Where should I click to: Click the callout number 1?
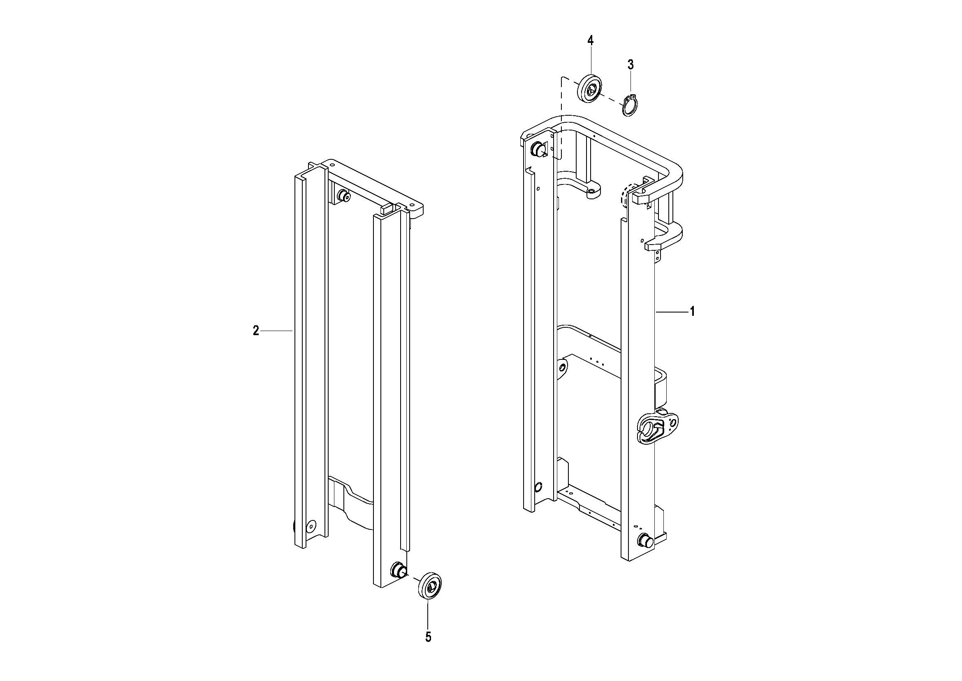(x=693, y=312)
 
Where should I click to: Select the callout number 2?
(x=256, y=331)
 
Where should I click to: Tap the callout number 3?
(x=631, y=65)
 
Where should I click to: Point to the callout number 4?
(x=590, y=41)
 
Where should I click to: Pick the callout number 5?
(x=428, y=637)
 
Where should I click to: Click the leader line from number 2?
(x=277, y=331)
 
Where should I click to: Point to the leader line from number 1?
(x=672, y=312)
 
